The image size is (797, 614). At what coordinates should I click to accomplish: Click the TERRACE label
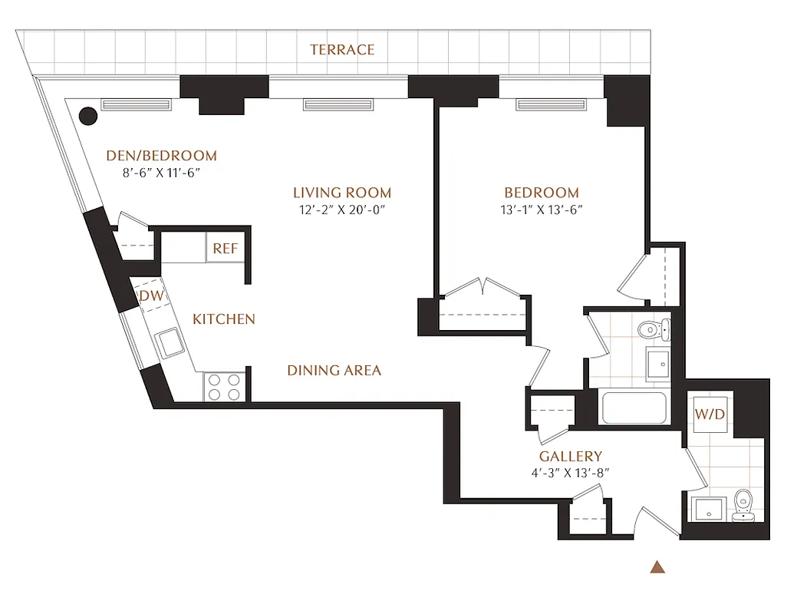[x=342, y=50]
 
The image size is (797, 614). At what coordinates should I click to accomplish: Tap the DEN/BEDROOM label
[x=161, y=156]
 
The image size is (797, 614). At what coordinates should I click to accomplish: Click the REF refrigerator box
[x=225, y=249]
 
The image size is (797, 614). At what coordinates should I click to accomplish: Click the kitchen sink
[x=167, y=342]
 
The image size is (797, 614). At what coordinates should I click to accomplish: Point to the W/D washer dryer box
[x=710, y=414]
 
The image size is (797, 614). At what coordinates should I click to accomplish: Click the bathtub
[x=634, y=408]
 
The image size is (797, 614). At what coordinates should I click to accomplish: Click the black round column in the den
[x=89, y=116]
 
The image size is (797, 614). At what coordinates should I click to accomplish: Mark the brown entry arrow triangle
[x=656, y=568]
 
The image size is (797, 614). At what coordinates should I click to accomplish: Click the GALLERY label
[x=571, y=456]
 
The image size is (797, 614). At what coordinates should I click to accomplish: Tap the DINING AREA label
[x=334, y=371]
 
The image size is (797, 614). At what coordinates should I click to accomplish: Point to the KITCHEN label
[x=223, y=319]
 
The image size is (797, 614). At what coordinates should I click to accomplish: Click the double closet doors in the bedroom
[x=482, y=289]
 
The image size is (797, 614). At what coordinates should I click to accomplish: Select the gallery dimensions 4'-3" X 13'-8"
[x=571, y=473]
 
